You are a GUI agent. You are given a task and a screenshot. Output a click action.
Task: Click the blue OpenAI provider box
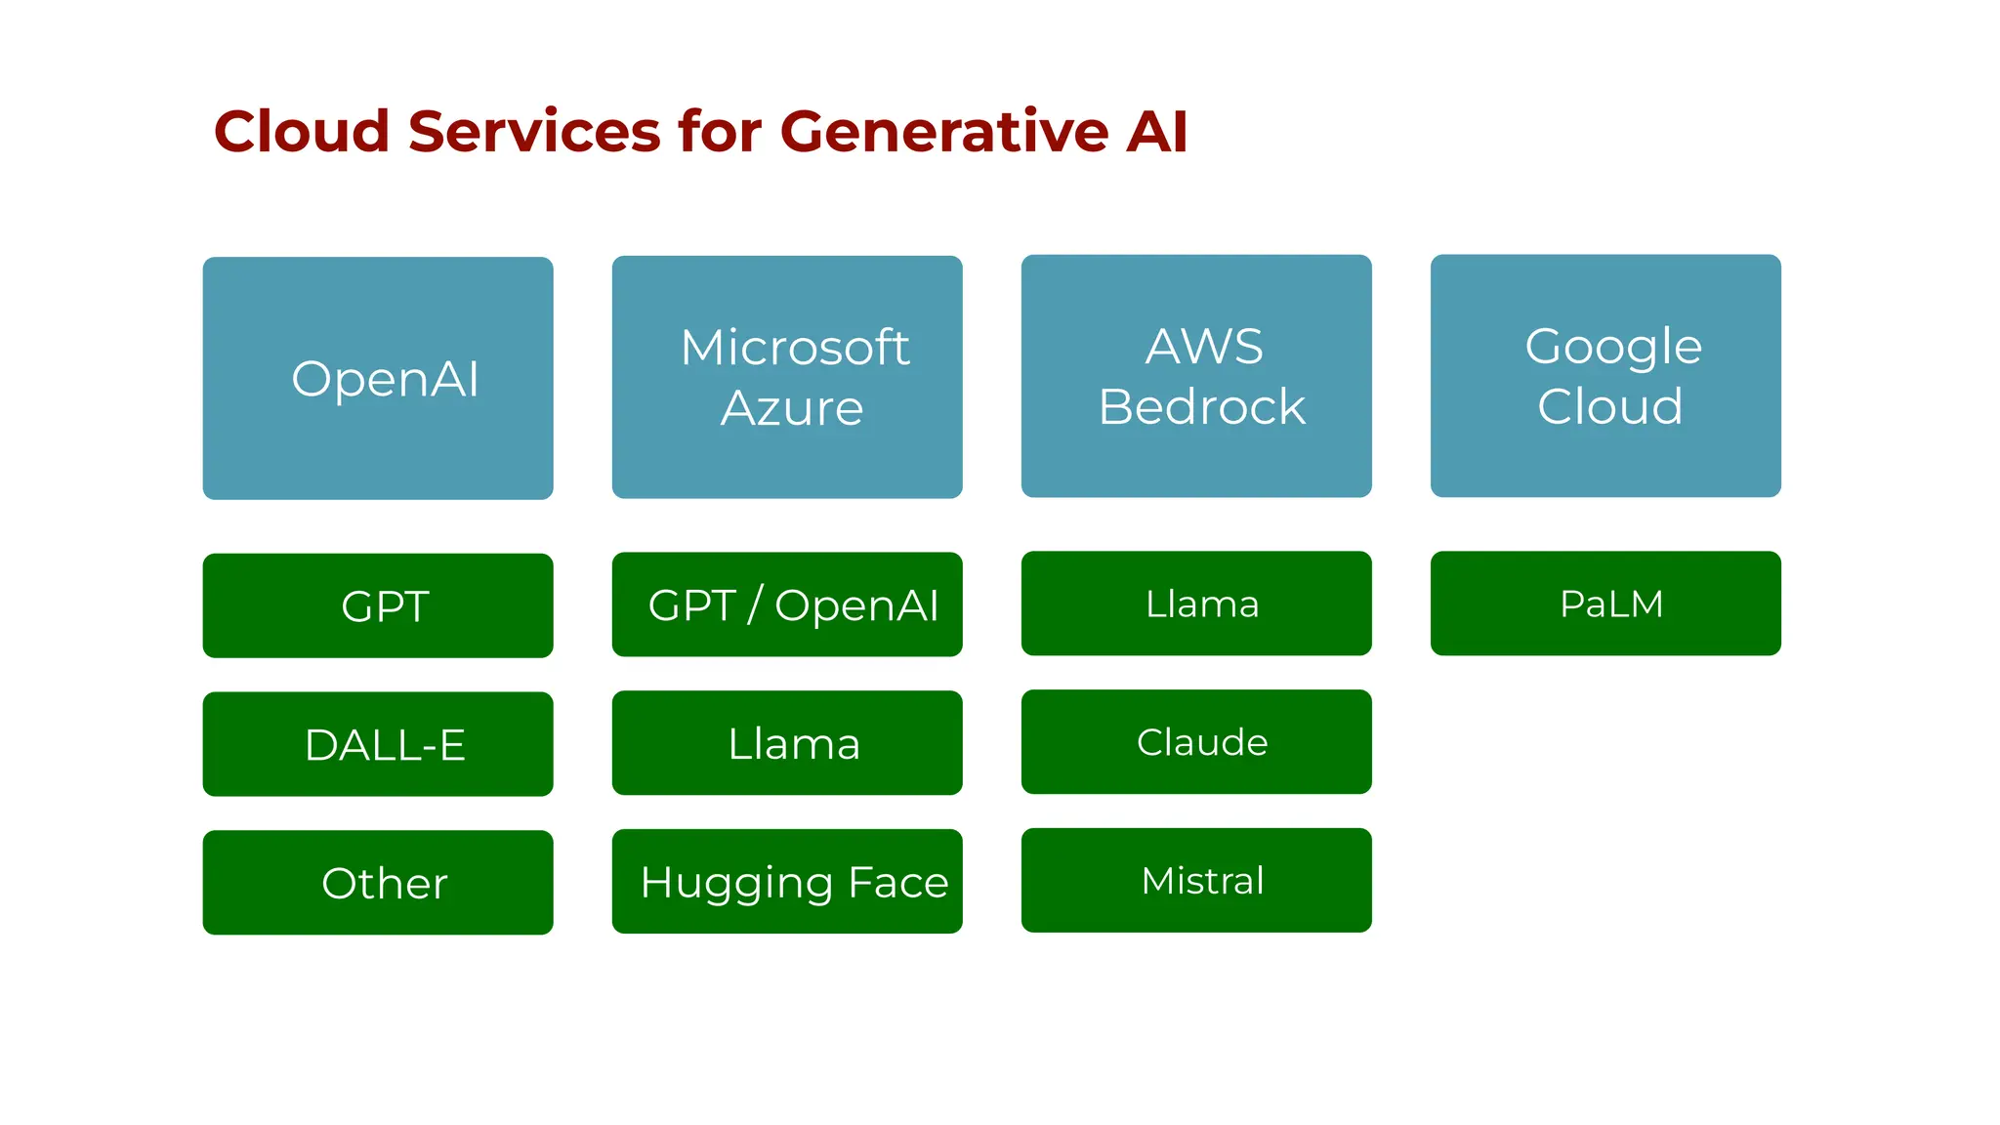point(378,378)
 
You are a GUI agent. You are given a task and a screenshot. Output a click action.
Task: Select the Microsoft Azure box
point(787,377)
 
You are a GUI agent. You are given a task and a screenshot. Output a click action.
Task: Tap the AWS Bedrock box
point(1196,376)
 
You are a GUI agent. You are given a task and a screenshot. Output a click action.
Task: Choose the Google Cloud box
point(1605,376)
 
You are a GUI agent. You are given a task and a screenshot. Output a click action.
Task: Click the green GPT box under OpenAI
point(378,605)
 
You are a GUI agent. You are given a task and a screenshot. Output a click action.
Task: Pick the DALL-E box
point(378,744)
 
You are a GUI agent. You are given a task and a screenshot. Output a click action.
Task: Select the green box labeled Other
point(378,883)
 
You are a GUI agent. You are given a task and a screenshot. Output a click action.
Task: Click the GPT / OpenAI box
point(787,604)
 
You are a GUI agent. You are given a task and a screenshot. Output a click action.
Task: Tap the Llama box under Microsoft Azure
point(787,743)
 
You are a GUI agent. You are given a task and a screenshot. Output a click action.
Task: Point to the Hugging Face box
point(787,882)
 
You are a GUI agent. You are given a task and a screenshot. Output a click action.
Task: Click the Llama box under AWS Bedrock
point(1196,604)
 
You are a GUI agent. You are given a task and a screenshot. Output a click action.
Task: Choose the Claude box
point(1196,742)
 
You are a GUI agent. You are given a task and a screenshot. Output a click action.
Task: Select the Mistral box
point(1196,881)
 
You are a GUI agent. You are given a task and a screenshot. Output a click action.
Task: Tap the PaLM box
point(1605,604)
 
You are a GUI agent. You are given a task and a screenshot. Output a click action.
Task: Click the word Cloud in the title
point(302,131)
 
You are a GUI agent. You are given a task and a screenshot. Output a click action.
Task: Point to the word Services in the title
point(534,131)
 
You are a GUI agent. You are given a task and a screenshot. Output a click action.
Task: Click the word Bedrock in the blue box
point(1202,407)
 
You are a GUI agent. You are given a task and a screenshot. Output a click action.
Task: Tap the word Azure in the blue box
point(792,408)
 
